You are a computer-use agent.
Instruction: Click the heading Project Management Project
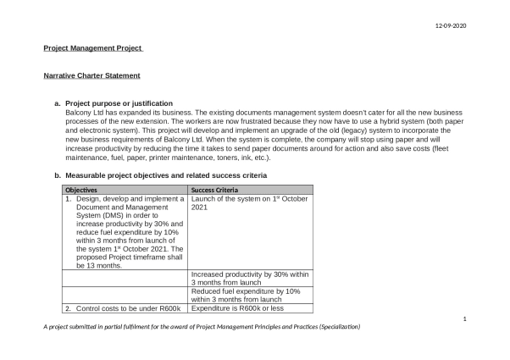point(93,48)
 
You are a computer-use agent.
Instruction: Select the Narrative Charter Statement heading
point(91,75)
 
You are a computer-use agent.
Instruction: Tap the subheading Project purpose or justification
point(119,102)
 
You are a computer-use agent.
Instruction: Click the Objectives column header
point(83,190)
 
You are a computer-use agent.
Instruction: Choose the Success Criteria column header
point(214,190)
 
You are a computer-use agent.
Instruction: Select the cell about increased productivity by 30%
point(250,279)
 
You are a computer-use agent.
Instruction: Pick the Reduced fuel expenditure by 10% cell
point(246,295)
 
